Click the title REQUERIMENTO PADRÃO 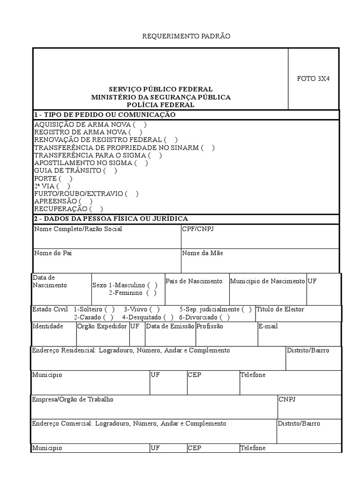(x=187, y=36)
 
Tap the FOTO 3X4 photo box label (x=313, y=79)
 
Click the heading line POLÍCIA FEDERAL (x=160, y=105)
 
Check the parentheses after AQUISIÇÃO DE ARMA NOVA (x=140, y=125)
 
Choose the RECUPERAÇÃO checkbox (x=97, y=209)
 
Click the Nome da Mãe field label (x=202, y=253)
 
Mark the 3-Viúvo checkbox (x=155, y=309)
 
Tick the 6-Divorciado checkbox (x=225, y=317)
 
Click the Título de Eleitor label (x=280, y=309)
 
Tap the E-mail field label (x=268, y=326)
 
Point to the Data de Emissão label (x=170, y=326)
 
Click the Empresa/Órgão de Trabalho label (x=73, y=399)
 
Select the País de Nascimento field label (x=194, y=281)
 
